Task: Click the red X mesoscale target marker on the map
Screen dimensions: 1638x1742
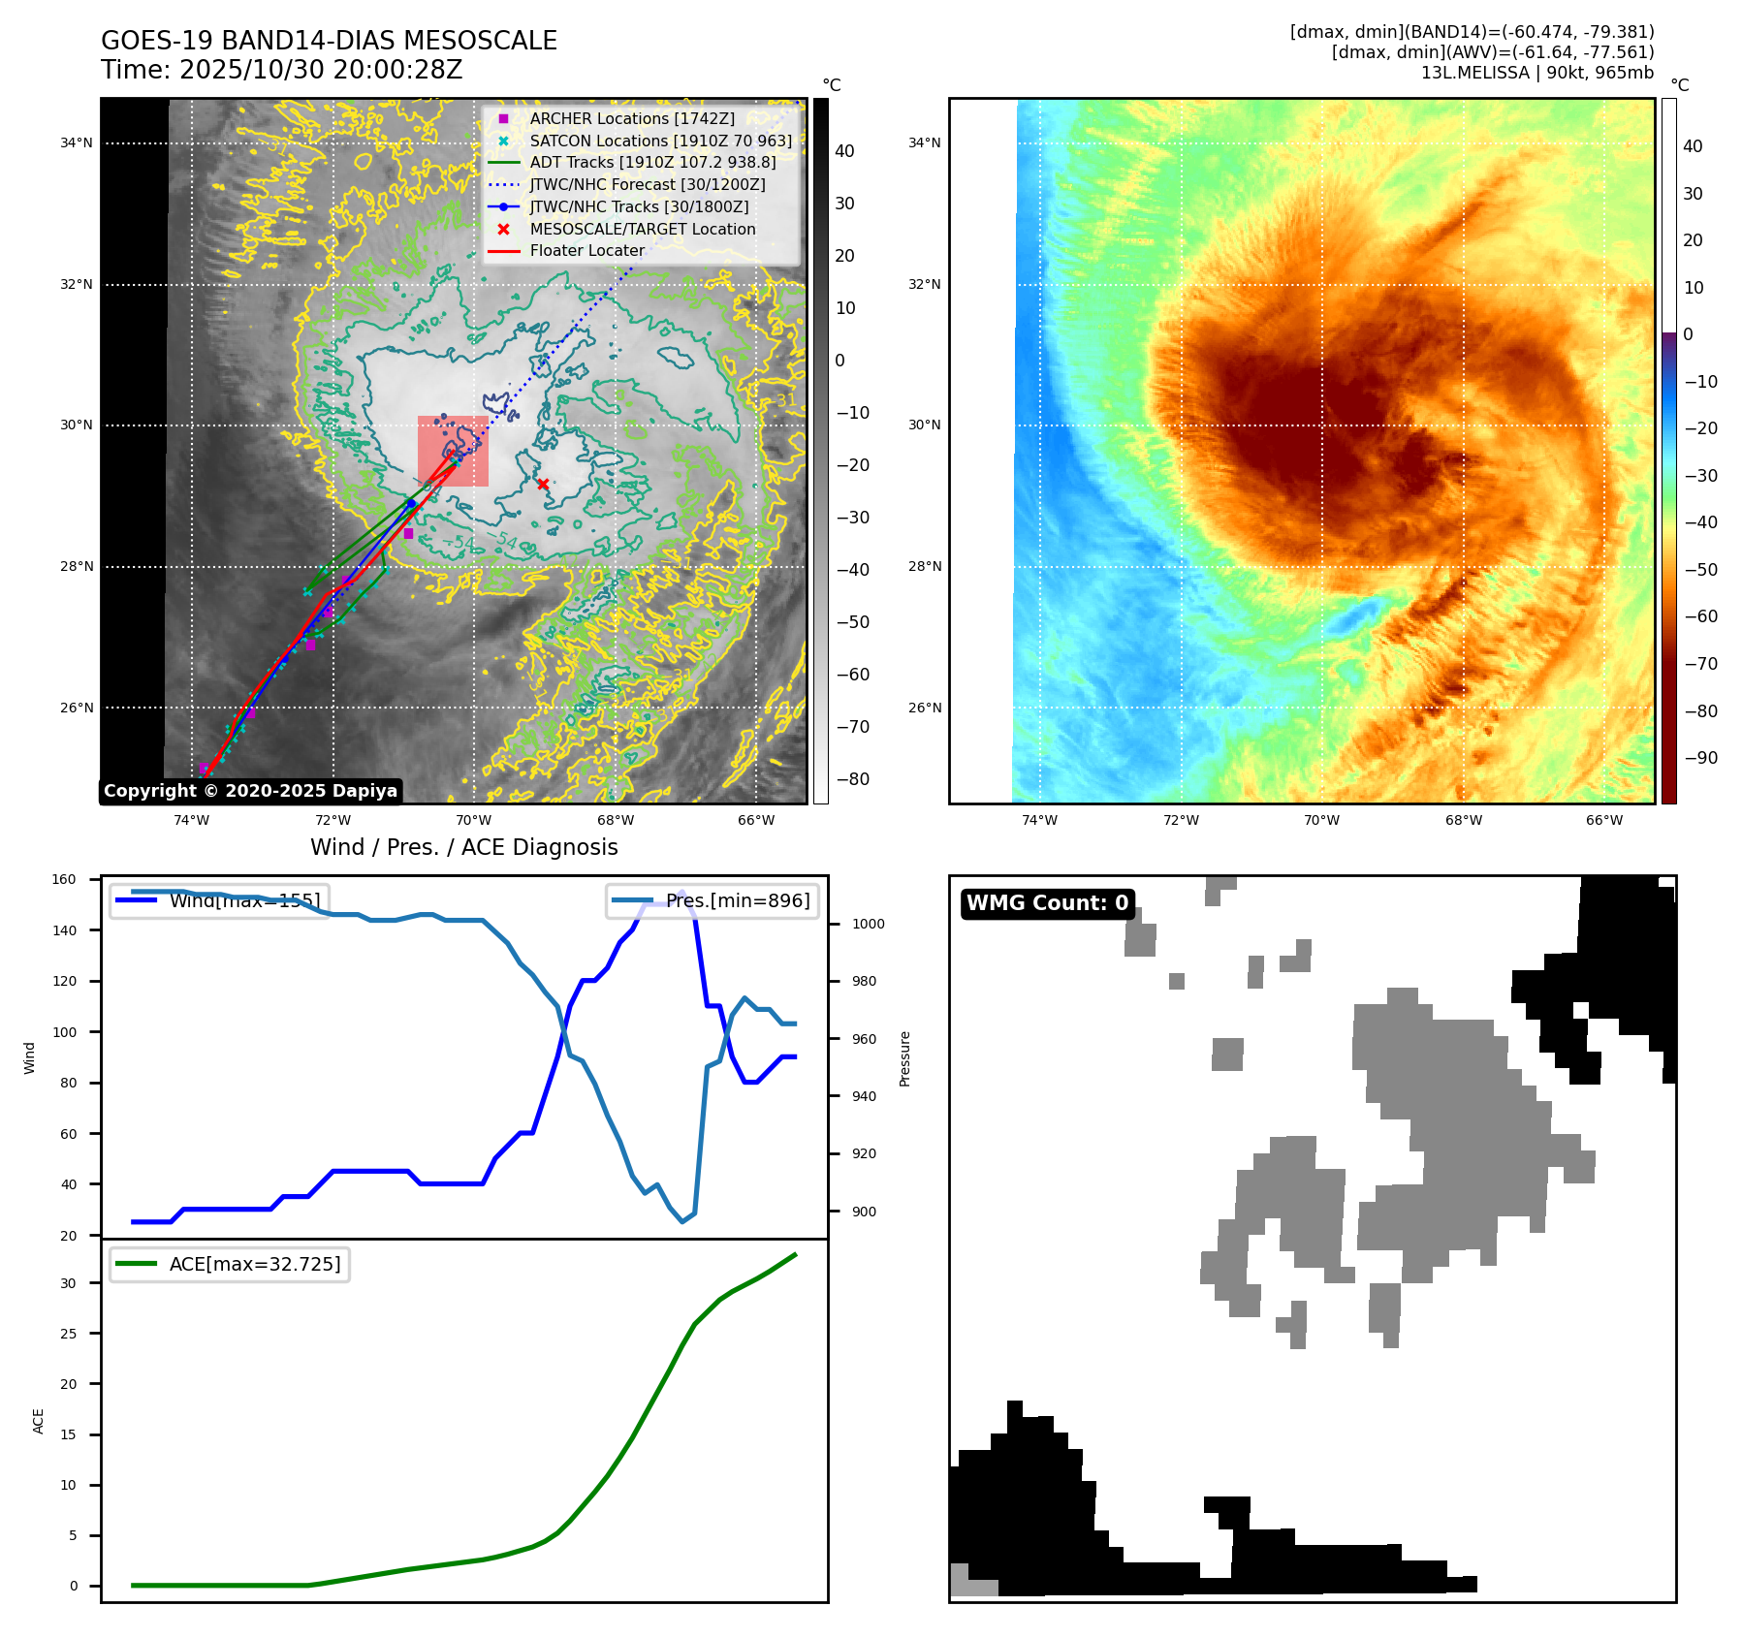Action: (543, 484)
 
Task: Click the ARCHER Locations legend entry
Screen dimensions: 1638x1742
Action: (631, 118)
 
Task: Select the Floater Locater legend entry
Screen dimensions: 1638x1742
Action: (586, 250)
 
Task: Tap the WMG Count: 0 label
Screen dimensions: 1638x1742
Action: (1047, 903)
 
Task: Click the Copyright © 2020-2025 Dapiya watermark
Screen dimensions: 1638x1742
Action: (250, 791)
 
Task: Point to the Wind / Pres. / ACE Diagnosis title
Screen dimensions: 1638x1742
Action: (463, 847)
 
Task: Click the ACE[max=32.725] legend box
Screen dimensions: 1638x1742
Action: (230, 1265)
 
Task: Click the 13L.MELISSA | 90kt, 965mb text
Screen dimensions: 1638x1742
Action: (1536, 73)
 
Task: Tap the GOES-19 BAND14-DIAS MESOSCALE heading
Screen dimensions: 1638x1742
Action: (329, 41)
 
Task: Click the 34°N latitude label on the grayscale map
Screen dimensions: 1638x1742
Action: (77, 143)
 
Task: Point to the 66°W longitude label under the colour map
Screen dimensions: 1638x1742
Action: (1603, 820)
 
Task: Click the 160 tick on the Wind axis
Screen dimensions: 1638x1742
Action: (64, 880)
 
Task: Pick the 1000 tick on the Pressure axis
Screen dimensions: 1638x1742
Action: (868, 924)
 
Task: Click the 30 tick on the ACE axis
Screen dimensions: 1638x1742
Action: (68, 1283)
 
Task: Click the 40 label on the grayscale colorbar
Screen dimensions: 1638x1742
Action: (844, 151)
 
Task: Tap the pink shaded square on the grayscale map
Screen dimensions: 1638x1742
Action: (453, 451)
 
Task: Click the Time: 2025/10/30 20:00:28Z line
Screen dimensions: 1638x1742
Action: (281, 70)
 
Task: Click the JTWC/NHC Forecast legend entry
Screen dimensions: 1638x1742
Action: (647, 184)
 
